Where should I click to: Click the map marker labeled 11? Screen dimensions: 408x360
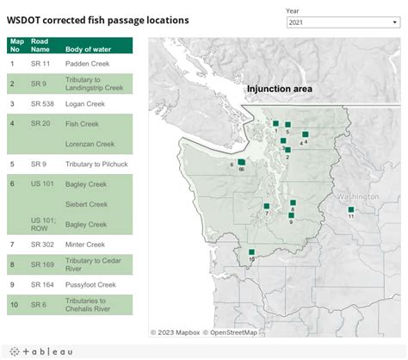click(350, 209)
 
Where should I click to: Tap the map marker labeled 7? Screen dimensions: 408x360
click(266, 206)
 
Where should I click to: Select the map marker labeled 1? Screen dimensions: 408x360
click(275, 124)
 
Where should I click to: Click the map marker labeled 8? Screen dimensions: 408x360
click(293, 202)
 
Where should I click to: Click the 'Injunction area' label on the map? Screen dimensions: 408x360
click(279, 89)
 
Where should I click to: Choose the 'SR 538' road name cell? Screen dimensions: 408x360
click(41, 103)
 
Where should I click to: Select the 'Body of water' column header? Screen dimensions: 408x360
click(88, 44)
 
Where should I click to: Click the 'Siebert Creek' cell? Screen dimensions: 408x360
click(86, 204)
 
